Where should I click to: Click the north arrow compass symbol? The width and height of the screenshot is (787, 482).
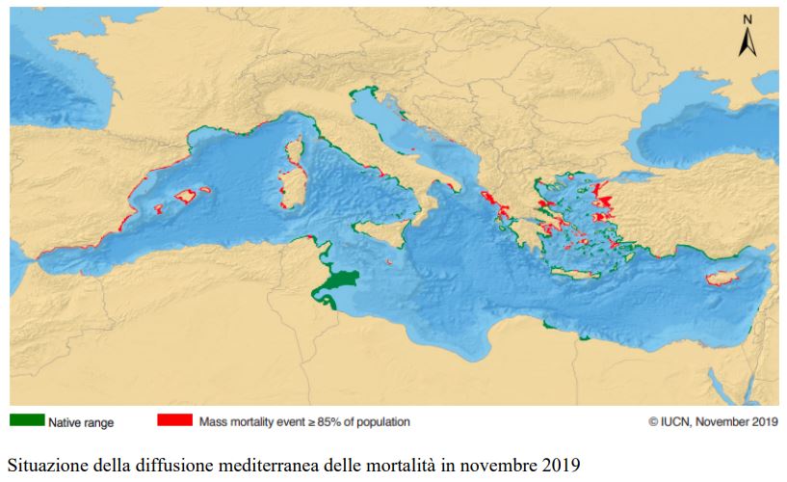(747, 41)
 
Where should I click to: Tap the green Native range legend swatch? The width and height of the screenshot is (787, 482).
(27, 420)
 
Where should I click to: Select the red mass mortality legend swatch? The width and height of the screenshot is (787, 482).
(174, 420)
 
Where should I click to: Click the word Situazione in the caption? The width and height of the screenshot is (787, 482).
(46, 465)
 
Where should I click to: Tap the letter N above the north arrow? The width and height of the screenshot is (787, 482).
(747, 19)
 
